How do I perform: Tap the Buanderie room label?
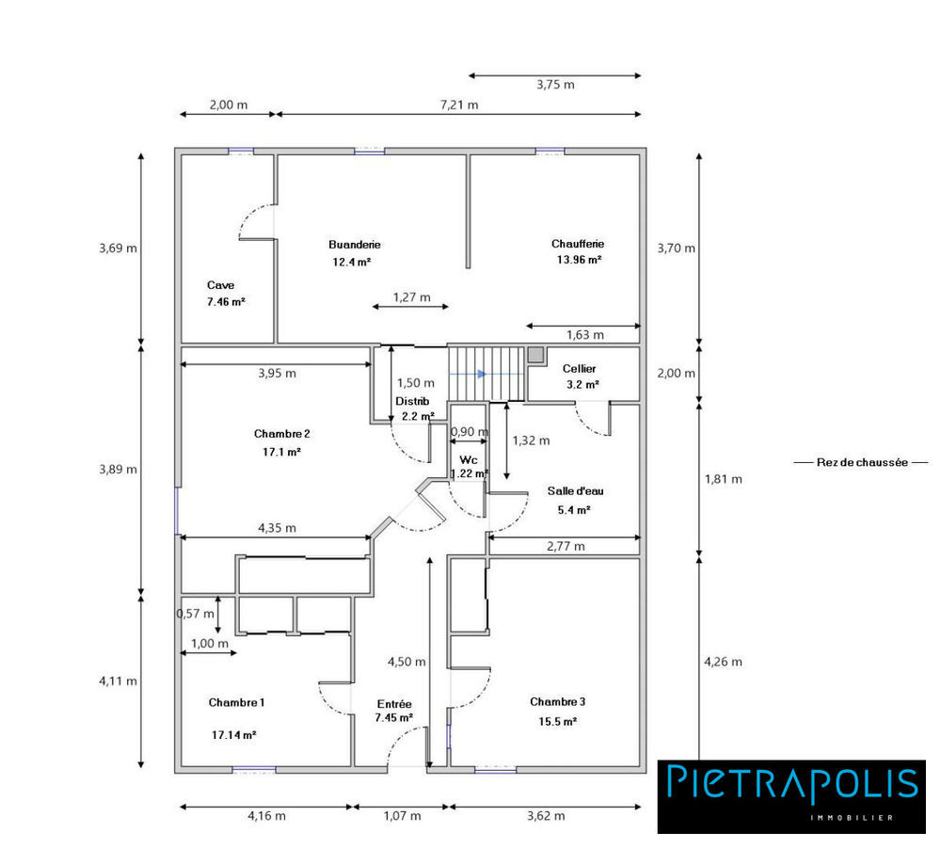tap(355, 244)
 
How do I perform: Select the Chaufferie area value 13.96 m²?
tap(579, 260)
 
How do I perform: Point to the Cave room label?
tap(221, 284)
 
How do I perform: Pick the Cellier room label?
tap(579, 368)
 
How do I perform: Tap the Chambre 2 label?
tap(281, 434)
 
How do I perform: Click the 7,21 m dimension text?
tap(459, 104)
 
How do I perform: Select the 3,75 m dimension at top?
tap(555, 85)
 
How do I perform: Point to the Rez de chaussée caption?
tap(861, 462)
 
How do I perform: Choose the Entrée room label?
tap(394, 703)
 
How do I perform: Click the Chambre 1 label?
tap(236, 702)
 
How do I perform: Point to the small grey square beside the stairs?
tap(535, 355)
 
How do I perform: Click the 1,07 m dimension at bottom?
tap(402, 816)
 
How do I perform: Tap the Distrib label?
tap(412, 401)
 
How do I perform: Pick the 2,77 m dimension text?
tap(566, 546)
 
